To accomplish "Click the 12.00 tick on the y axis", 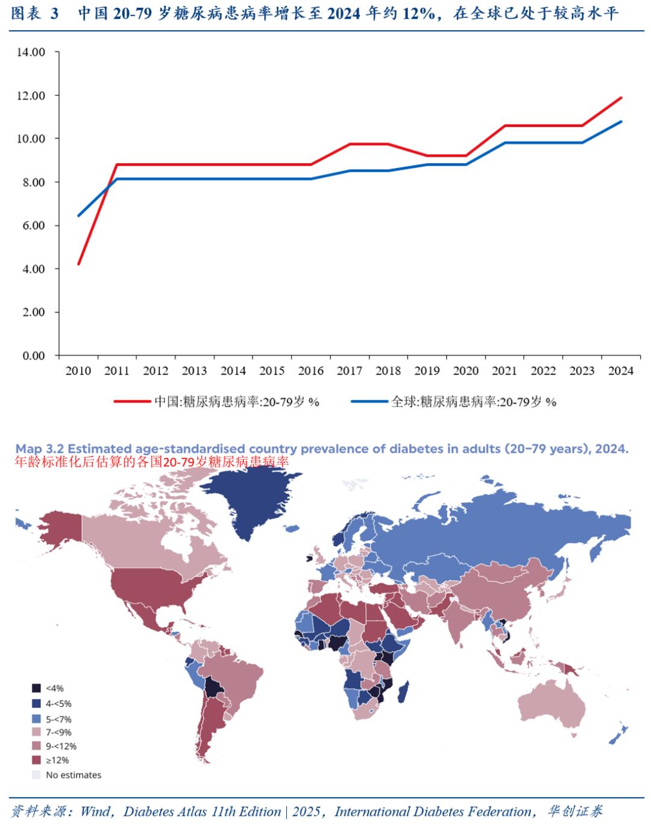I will pyautogui.click(x=31, y=95).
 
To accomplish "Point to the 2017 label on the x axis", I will pyautogui.click(x=349, y=371).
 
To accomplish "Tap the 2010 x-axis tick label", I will pyautogui.click(x=78, y=371).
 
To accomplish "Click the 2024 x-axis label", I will pyautogui.click(x=620, y=371).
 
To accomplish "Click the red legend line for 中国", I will pyautogui.click(x=133, y=401).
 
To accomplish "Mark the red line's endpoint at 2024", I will pyautogui.click(x=621, y=98).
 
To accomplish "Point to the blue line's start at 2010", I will pyautogui.click(x=78, y=216).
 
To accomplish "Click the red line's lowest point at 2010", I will pyautogui.click(x=78, y=264).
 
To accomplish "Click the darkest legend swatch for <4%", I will pyautogui.click(x=36, y=688).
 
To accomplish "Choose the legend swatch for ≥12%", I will pyautogui.click(x=36, y=760).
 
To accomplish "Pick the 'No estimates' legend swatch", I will pyautogui.click(x=36, y=775).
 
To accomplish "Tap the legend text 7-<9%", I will pyautogui.click(x=58, y=732).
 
